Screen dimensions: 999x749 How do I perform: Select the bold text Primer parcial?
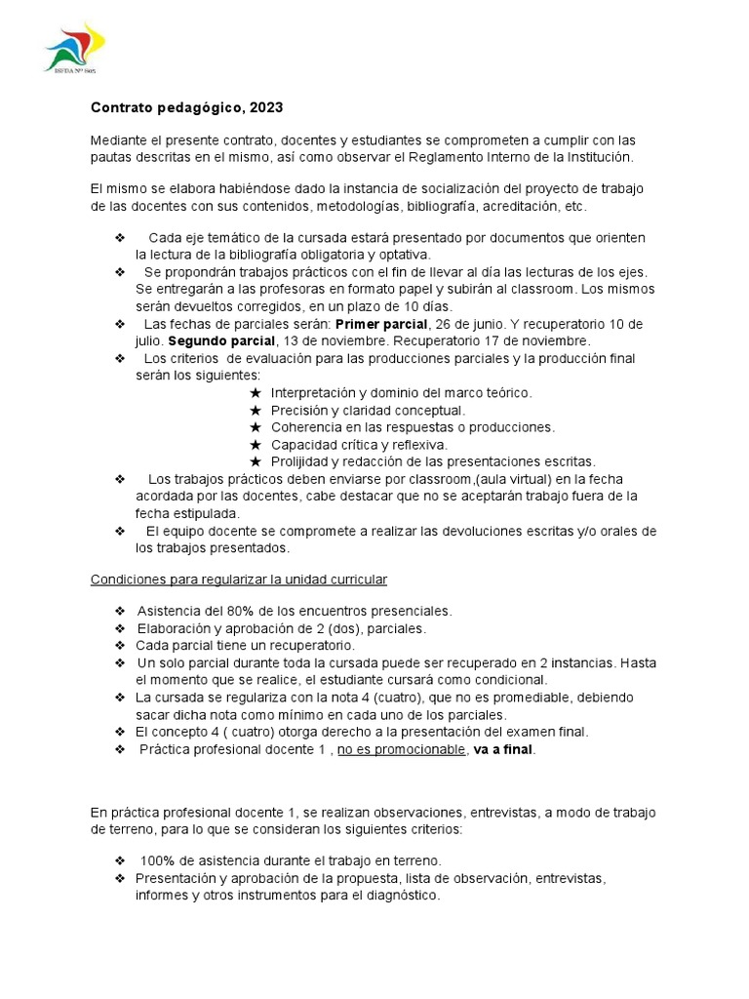tap(381, 324)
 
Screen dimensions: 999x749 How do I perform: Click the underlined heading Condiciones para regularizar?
tap(239, 579)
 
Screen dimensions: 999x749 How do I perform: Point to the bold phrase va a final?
tap(504, 749)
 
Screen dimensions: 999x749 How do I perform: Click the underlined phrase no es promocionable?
tap(402, 749)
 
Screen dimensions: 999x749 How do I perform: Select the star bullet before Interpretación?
tap(256, 393)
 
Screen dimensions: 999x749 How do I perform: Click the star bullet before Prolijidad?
tap(256, 461)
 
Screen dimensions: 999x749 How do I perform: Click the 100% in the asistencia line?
tap(157, 860)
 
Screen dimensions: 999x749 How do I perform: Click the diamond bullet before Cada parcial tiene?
tap(120, 646)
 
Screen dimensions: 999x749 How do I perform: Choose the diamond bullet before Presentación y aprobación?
tap(120, 878)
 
